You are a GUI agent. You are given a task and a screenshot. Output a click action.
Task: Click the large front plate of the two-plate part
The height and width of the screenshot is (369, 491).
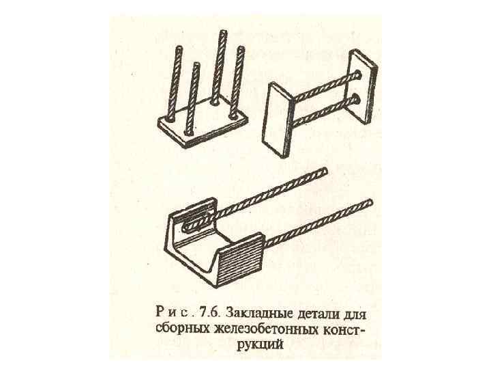point(278,120)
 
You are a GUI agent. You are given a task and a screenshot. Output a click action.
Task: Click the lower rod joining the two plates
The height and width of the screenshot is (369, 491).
point(321,111)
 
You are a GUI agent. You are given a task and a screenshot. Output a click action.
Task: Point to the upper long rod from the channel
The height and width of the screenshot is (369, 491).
point(266,195)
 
